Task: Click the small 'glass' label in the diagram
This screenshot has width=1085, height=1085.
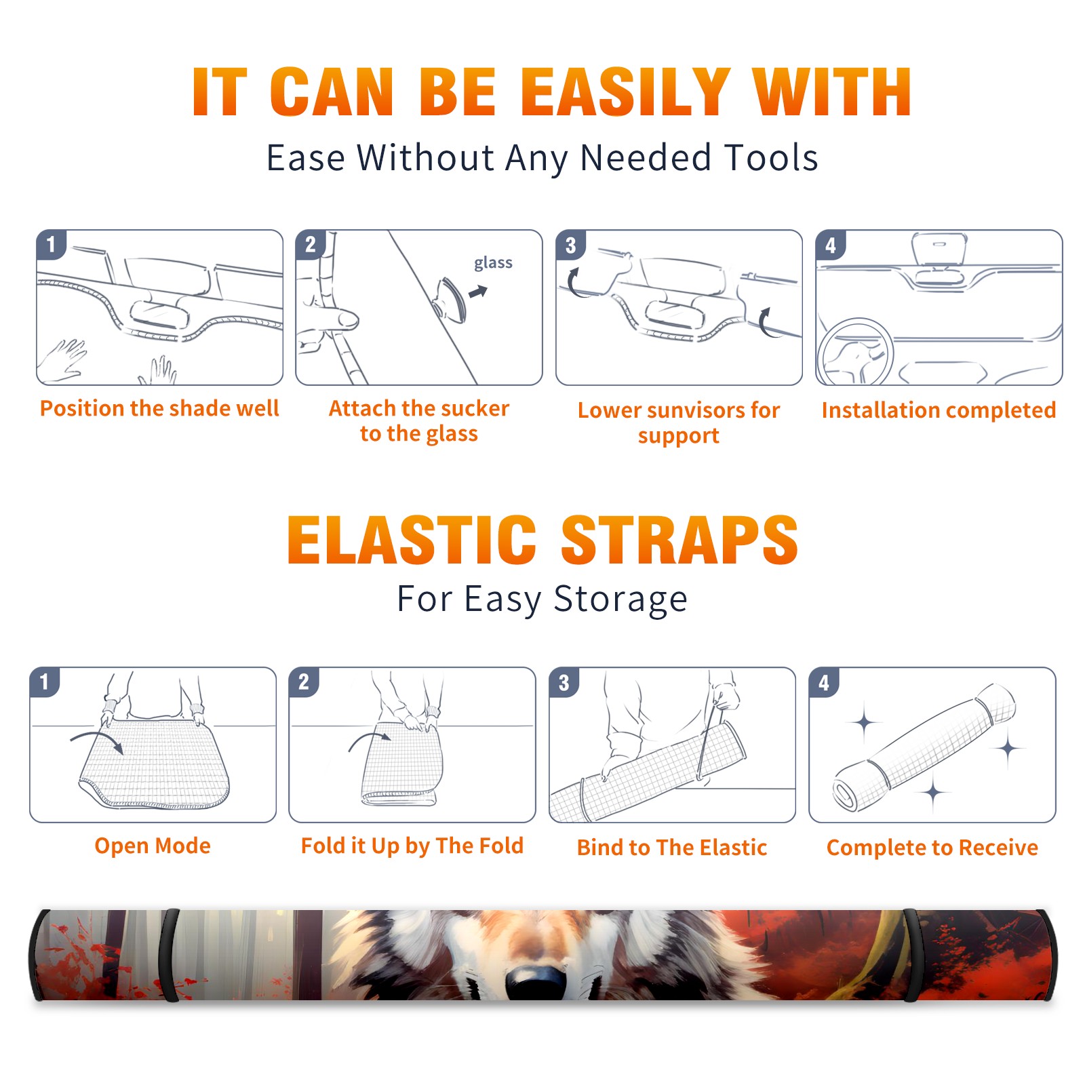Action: tap(493, 263)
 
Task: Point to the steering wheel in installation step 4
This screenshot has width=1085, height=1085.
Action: tap(855, 352)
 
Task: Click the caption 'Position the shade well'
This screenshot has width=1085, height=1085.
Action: tap(159, 408)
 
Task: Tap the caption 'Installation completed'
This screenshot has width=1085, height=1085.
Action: tap(939, 410)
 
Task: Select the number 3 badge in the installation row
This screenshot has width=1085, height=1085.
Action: tap(571, 245)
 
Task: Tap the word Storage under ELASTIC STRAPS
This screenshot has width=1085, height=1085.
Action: tap(620, 599)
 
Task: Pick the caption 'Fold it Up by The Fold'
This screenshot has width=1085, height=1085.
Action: tap(412, 846)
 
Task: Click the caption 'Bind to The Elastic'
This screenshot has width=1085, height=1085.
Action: tap(672, 848)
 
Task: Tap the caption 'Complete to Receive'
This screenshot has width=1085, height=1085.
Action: tap(932, 848)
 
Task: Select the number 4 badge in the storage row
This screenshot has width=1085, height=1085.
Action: tap(824, 683)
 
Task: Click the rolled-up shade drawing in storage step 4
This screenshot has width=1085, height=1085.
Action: tap(924, 747)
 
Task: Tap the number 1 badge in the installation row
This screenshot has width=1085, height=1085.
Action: tap(52, 244)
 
